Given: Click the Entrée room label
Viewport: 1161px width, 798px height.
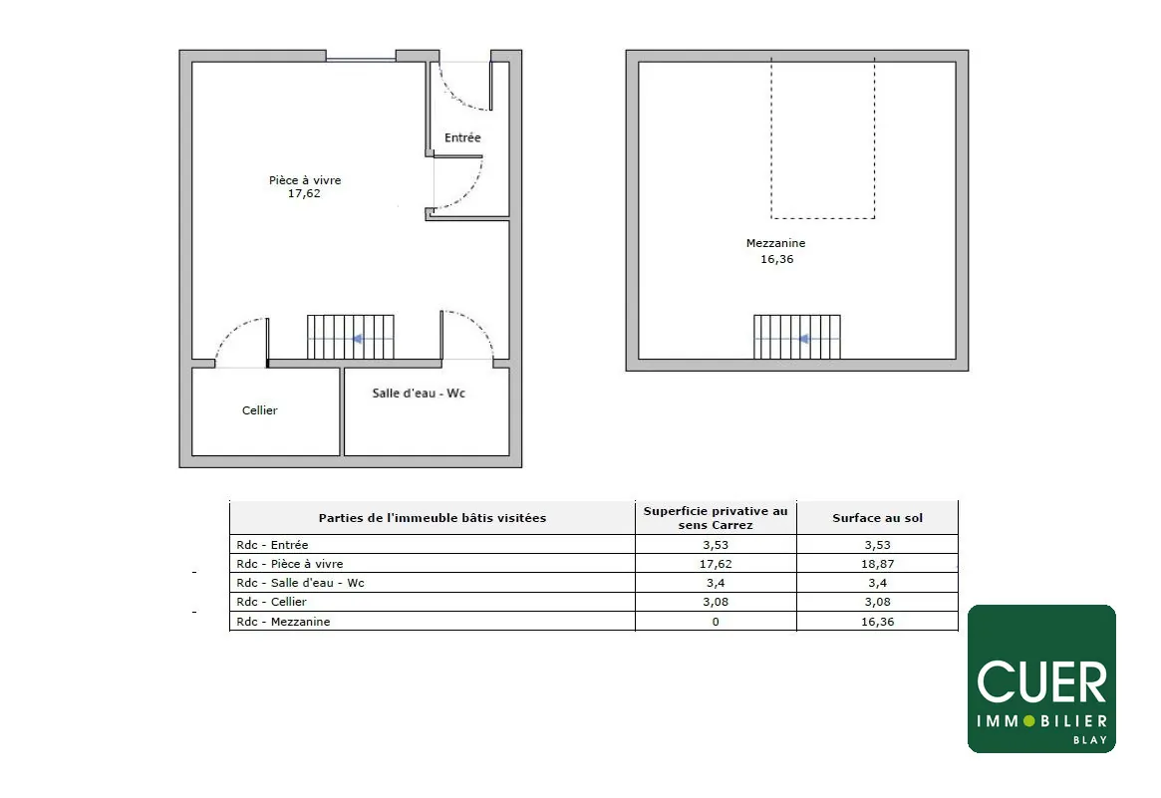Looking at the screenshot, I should tap(462, 137).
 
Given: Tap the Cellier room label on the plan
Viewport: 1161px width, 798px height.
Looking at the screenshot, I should tap(259, 410).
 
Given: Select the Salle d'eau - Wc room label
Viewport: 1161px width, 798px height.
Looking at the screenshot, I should tap(419, 394).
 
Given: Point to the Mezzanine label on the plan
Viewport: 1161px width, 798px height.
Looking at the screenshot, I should tap(775, 243).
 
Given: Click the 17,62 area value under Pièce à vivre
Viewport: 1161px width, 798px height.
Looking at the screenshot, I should tap(304, 194).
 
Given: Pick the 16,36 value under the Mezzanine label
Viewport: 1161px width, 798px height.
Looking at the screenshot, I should tap(776, 259).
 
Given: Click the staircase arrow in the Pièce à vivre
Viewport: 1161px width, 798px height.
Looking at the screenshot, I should tap(356, 339).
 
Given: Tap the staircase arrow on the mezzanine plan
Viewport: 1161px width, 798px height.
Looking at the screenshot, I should tap(802, 339).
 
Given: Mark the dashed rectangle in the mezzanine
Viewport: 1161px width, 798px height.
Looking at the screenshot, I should tap(823, 139).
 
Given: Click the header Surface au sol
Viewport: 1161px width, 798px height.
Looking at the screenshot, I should tap(877, 518).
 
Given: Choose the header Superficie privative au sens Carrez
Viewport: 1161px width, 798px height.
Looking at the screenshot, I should tap(716, 517).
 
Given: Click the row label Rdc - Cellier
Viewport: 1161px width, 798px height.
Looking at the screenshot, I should tap(271, 602).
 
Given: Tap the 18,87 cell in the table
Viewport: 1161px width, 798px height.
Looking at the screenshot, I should tap(877, 563).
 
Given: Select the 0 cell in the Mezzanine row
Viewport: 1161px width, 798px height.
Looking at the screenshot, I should tap(716, 622).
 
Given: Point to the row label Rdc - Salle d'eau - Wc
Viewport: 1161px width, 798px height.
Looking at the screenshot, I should tap(300, 583).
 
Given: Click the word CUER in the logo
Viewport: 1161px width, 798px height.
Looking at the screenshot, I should tap(1041, 682).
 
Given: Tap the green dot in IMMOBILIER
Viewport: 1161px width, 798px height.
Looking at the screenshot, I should tap(1029, 720).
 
